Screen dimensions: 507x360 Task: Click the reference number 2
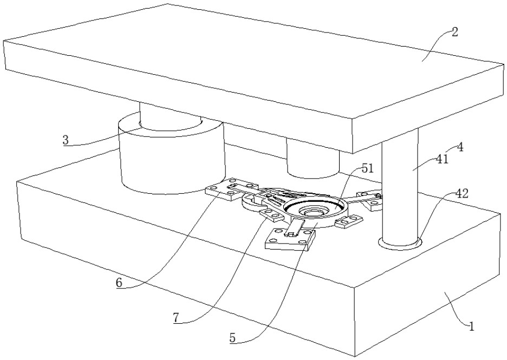[454, 32]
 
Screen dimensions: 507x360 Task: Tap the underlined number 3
[66, 140]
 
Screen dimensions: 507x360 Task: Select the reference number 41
[443, 159]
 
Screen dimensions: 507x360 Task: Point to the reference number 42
[461, 194]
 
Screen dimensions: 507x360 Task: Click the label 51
[367, 168]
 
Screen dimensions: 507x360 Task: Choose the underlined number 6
[119, 282]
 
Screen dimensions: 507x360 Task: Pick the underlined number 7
[175, 318]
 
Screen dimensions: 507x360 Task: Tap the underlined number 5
[232, 337]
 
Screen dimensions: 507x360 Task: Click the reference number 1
[471, 326]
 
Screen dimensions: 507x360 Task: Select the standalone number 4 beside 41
[460, 147]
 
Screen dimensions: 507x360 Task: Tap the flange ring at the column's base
[400, 245]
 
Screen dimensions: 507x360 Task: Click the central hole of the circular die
[311, 212]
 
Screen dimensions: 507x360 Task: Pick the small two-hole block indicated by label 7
[271, 215]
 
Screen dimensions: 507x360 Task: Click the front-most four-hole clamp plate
[290, 239]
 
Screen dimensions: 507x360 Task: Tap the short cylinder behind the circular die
[313, 159]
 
